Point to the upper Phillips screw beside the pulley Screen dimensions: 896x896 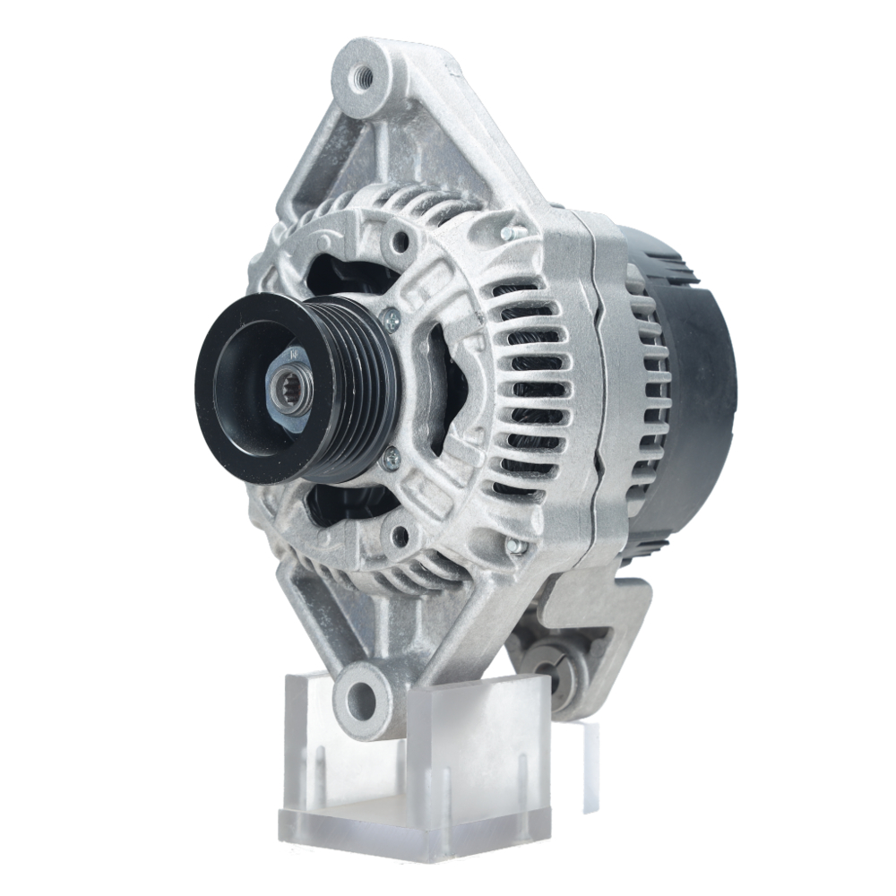(391, 316)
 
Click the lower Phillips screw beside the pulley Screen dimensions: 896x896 (390, 461)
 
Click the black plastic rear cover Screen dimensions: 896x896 (694, 376)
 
